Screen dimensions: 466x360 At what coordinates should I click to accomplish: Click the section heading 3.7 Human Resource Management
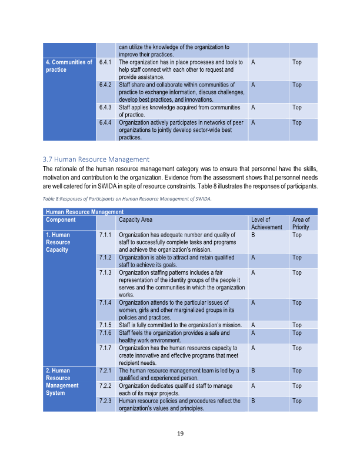[96, 159]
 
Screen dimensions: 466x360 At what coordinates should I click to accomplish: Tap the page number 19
[181, 434]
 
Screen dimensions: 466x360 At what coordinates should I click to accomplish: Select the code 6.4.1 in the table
[106, 62]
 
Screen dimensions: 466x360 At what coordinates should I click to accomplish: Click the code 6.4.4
[106, 123]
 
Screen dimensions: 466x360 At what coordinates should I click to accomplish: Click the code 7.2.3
[106, 401]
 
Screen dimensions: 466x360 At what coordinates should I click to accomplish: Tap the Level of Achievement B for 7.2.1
[253, 371]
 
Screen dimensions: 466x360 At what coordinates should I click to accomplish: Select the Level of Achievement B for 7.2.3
[253, 401]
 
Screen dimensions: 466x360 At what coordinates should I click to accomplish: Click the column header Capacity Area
[135, 220]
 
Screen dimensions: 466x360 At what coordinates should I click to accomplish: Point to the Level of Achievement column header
[266, 224]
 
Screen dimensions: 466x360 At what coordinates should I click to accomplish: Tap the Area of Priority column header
[301, 224]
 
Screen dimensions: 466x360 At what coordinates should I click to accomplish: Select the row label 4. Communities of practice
[69, 66]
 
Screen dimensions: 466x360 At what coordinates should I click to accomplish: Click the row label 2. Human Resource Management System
[62, 382]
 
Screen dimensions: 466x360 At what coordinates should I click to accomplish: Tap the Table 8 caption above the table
[127, 199]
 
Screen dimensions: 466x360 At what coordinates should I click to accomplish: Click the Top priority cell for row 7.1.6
[297, 333]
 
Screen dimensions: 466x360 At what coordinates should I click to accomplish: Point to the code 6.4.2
[106, 85]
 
